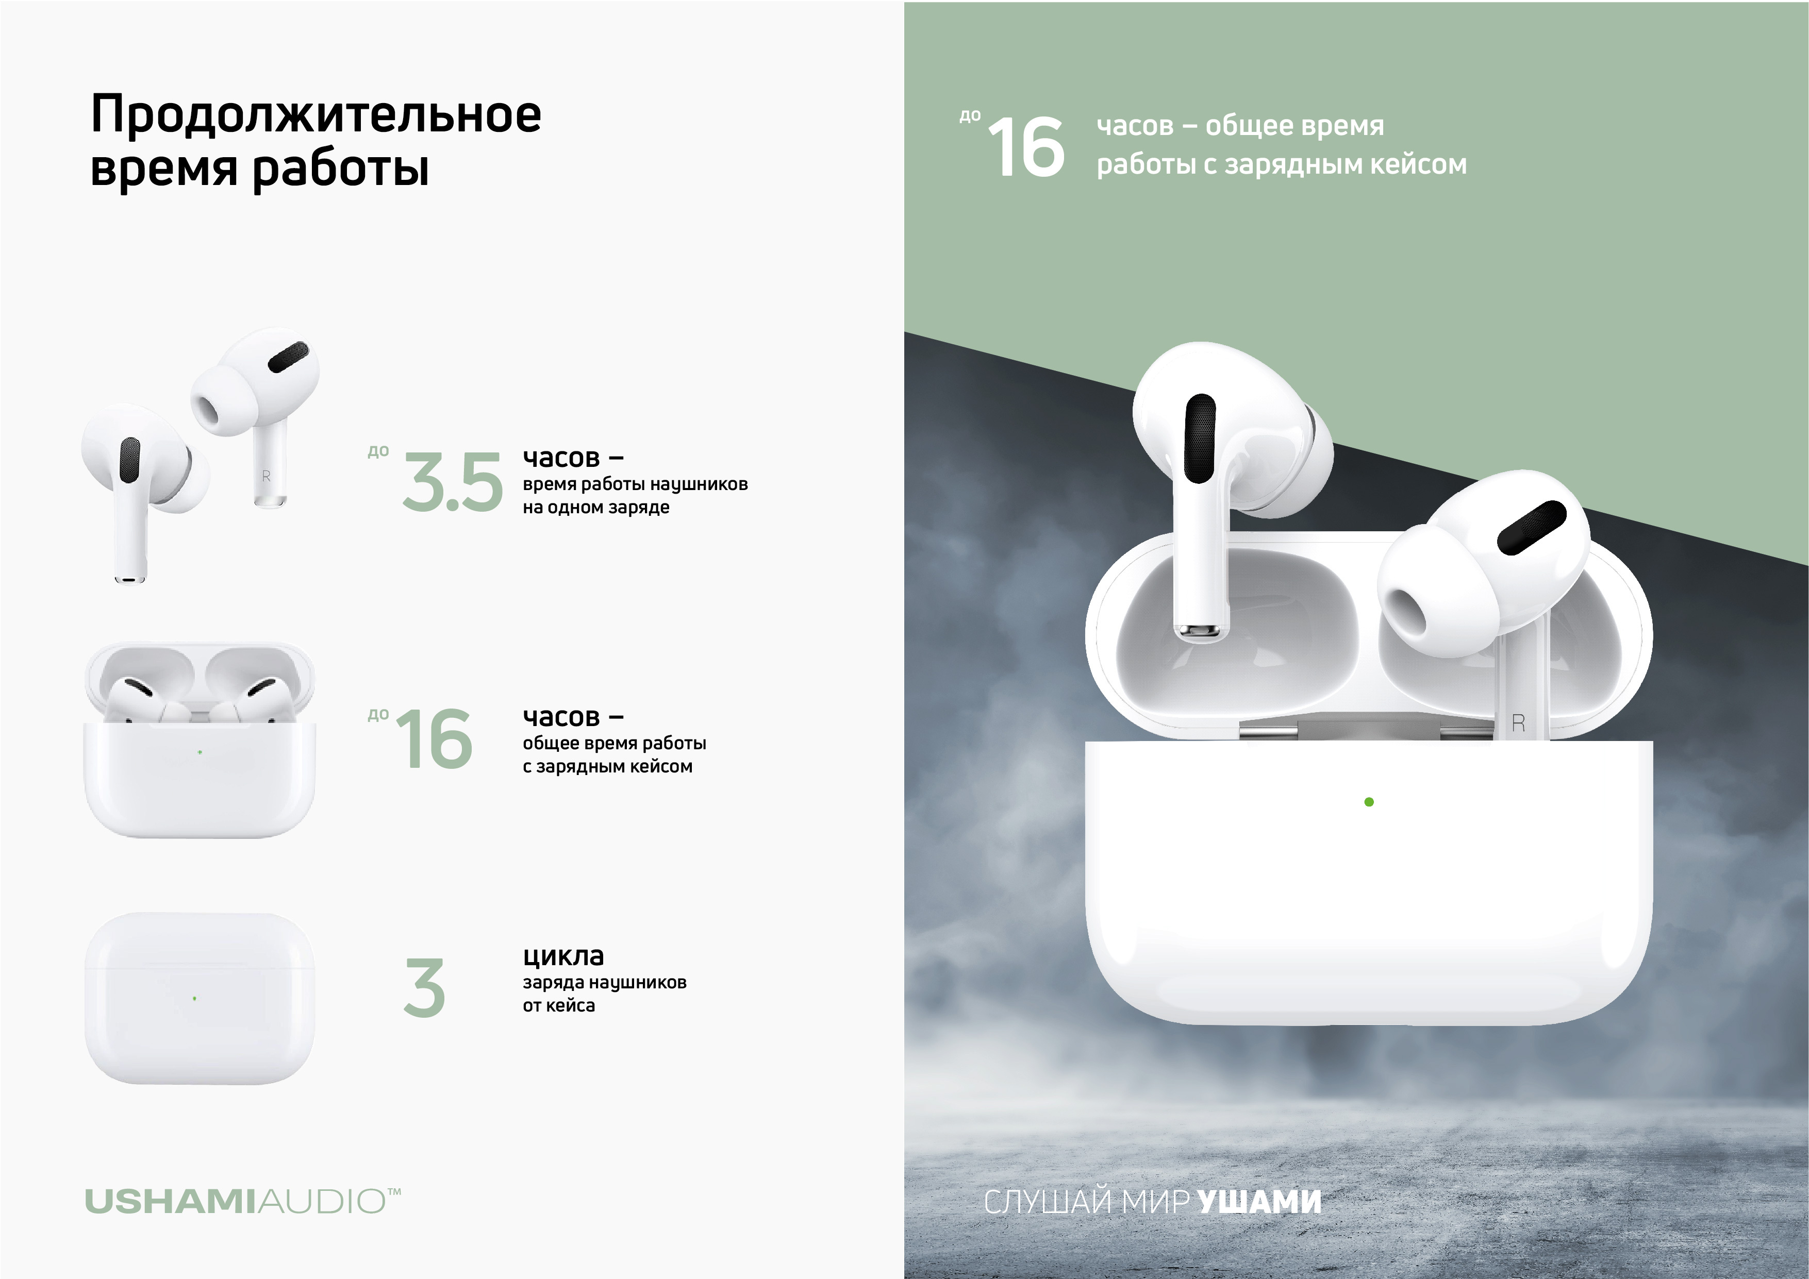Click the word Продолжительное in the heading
pyautogui.click(x=316, y=115)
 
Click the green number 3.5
pyautogui.click(x=452, y=482)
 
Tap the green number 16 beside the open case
pyautogui.click(x=434, y=739)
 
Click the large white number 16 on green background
pyautogui.click(x=1026, y=146)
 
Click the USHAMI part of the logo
pyautogui.click(x=170, y=1202)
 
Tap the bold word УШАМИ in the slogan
pyautogui.click(x=1258, y=1202)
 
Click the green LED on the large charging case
pyautogui.click(x=1369, y=802)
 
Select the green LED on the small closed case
pyautogui.click(x=194, y=999)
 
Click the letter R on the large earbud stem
pyautogui.click(x=1518, y=723)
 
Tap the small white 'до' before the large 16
pyautogui.click(x=970, y=116)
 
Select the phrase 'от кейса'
pyautogui.click(x=559, y=1006)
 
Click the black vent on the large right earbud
pyautogui.click(x=1531, y=528)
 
